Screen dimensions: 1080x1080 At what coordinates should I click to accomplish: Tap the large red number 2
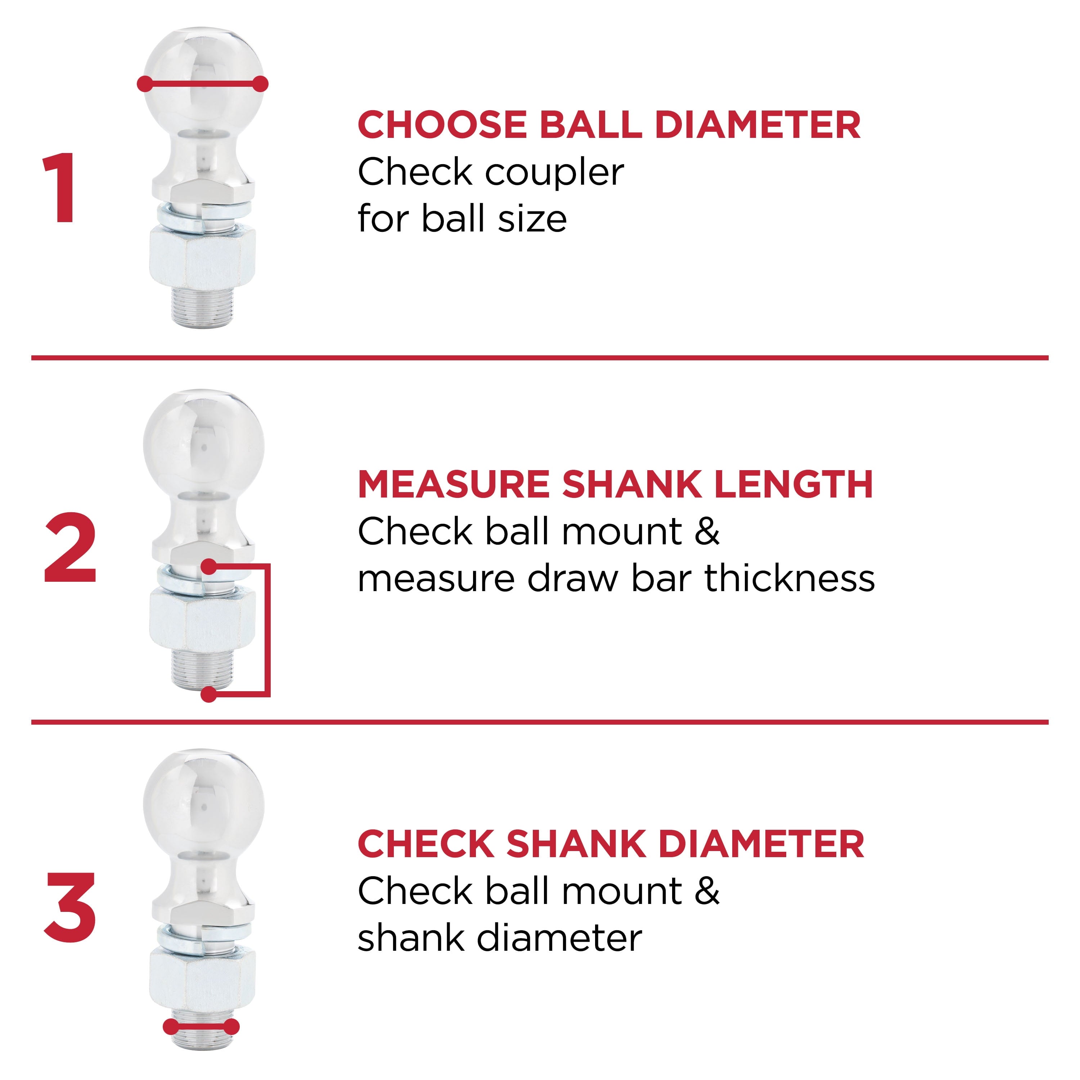(71, 548)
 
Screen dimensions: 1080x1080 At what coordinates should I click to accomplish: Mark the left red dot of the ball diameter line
(145, 84)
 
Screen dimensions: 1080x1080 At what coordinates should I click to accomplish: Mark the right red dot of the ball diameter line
(261, 84)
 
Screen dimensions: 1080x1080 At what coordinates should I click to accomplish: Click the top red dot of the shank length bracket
(208, 566)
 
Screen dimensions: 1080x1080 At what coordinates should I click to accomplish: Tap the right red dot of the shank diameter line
(232, 1043)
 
